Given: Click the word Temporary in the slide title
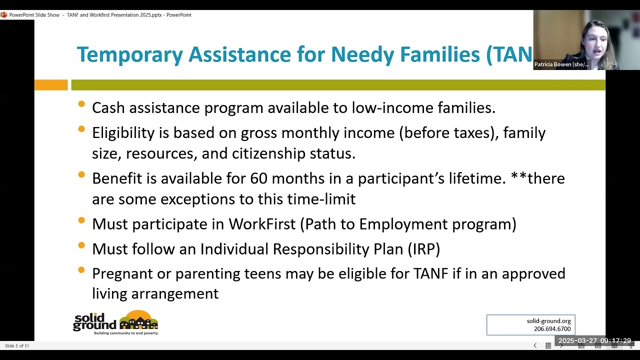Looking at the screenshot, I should coord(129,54).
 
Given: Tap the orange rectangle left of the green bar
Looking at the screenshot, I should coord(50,85).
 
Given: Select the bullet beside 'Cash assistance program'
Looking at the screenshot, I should coord(81,104).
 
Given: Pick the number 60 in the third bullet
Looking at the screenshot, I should coord(259,178).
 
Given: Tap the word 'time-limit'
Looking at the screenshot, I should coord(321,199).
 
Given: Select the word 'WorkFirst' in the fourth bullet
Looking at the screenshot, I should coord(262,224).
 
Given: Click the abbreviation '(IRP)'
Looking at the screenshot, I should coord(423,249).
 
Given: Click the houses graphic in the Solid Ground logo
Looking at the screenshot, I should coord(138,320).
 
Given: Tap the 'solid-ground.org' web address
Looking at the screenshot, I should coord(548,321).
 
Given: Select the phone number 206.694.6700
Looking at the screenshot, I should coord(552,329).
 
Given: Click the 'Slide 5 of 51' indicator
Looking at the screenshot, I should coord(17,345).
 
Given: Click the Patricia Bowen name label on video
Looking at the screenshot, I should coord(561,64).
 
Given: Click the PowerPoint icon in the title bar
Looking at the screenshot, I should coord(4,15).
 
